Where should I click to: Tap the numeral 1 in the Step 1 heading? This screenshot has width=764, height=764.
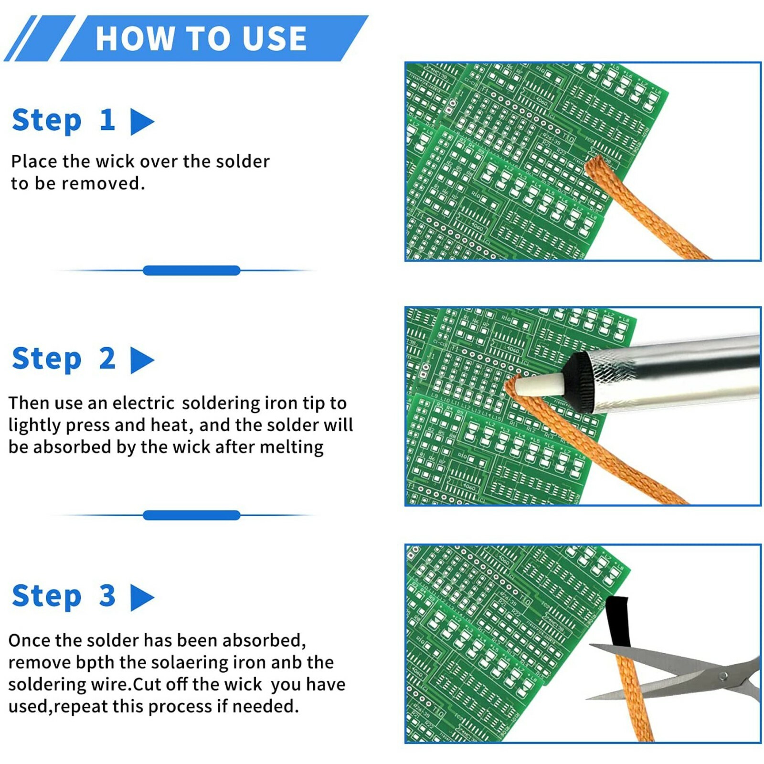pyautogui.click(x=107, y=119)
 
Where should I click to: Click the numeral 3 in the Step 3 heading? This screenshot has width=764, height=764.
pyautogui.click(x=107, y=595)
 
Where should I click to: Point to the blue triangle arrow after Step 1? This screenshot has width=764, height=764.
pyautogui.click(x=142, y=122)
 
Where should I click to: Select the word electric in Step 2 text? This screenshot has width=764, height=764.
pyautogui.click(x=143, y=403)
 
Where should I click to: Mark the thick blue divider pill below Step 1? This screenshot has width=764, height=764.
pyautogui.click(x=191, y=271)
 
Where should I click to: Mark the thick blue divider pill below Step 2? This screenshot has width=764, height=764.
pyautogui.click(x=191, y=515)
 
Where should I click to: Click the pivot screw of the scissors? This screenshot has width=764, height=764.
pyautogui.click(x=723, y=676)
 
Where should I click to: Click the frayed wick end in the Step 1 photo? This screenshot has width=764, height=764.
pyautogui.click(x=597, y=164)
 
